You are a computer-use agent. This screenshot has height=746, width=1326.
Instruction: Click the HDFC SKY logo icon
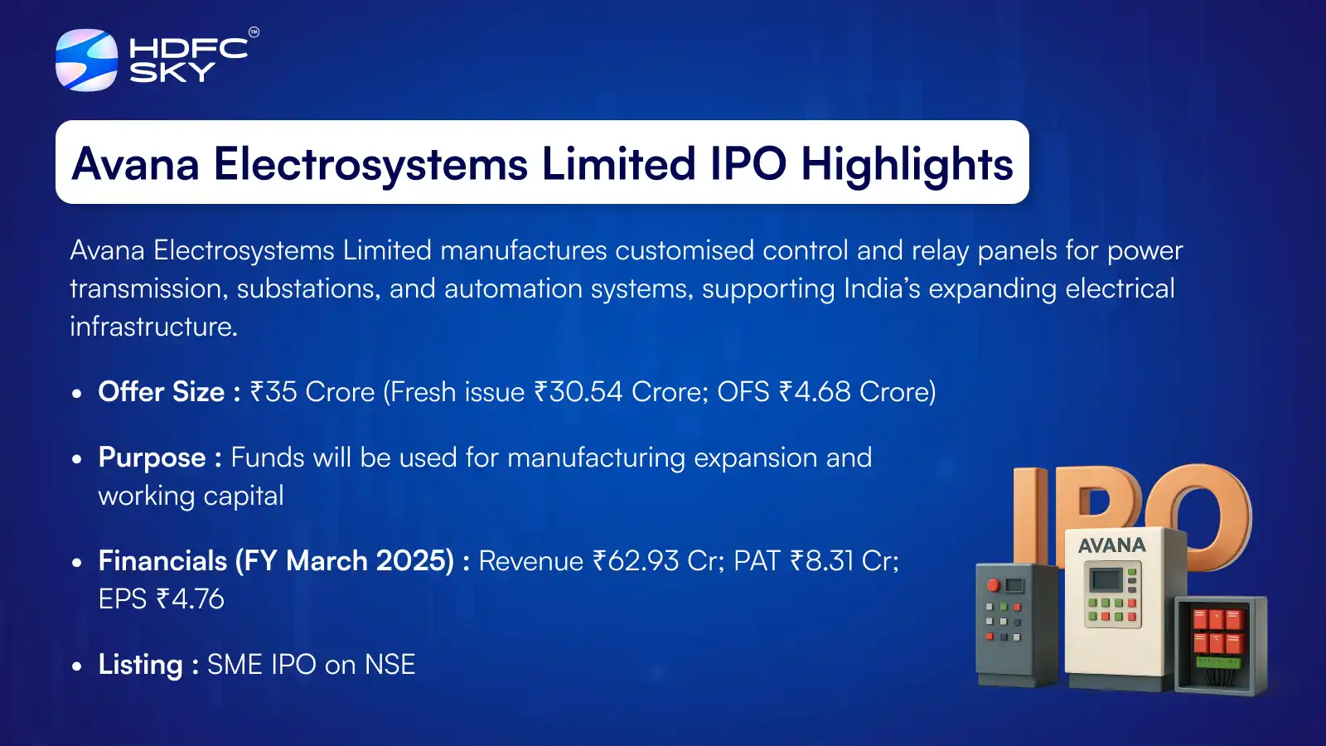[x=86, y=60]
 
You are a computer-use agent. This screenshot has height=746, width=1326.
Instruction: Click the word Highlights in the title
[x=907, y=164]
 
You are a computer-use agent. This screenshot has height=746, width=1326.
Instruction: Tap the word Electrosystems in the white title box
[x=370, y=164]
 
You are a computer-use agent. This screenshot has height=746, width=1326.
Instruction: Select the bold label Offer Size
[x=162, y=392]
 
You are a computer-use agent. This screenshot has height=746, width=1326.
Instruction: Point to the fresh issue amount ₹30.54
[x=578, y=392]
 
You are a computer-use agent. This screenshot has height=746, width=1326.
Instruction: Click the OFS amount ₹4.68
[x=815, y=392]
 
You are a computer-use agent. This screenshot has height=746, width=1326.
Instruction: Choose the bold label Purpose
[x=152, y=458]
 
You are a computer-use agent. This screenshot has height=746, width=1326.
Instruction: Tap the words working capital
[x=191, y=496]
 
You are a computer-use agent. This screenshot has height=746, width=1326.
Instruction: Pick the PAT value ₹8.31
[x=821, y=561]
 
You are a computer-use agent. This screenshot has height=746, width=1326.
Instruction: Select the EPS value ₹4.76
[x=190, y=599]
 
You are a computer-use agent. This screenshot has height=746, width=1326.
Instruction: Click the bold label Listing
[x=141, y=665]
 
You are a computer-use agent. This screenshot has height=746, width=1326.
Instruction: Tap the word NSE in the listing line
[x=390, y=665]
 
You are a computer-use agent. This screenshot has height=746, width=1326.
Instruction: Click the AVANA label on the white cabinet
[x=1112, y=545]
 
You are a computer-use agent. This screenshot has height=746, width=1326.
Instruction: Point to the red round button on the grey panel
[x=993, y=585]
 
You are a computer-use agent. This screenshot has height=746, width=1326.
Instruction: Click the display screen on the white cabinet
[x=1106, y=579]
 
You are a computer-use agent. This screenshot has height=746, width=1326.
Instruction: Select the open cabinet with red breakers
[x=1219, y=645]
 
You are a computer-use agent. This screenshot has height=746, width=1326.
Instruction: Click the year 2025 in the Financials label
[x=414, y=561]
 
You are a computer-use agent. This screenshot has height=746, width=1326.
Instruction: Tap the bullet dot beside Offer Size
[x=77, y=394]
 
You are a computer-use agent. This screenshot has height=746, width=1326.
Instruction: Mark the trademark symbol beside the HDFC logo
[x=254, y=32]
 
